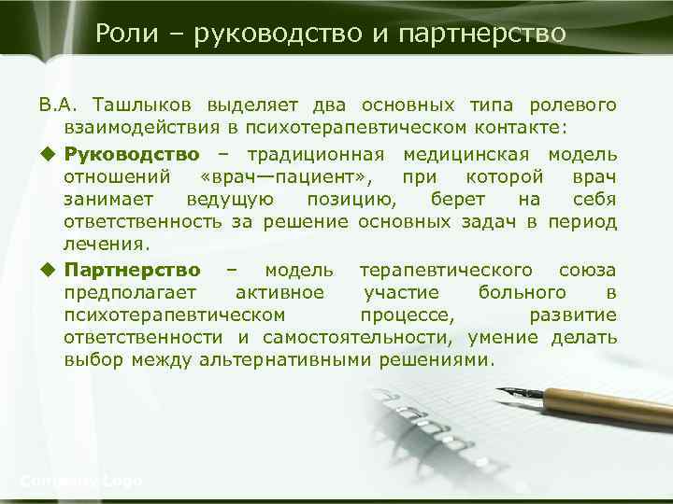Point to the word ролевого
(x=572, y=102)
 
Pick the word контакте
(x=534, y=126)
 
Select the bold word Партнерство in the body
(x=132, y=270)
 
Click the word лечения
(x=106, y=245)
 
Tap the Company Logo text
(x=81, y=481)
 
